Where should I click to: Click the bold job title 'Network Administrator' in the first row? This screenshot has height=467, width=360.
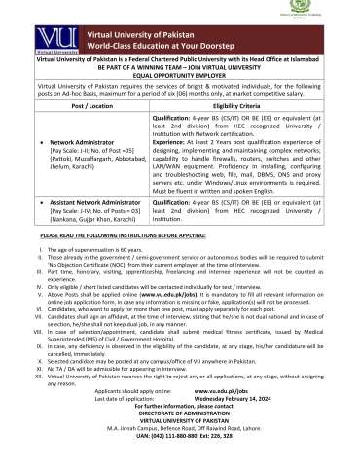pos(68,168)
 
